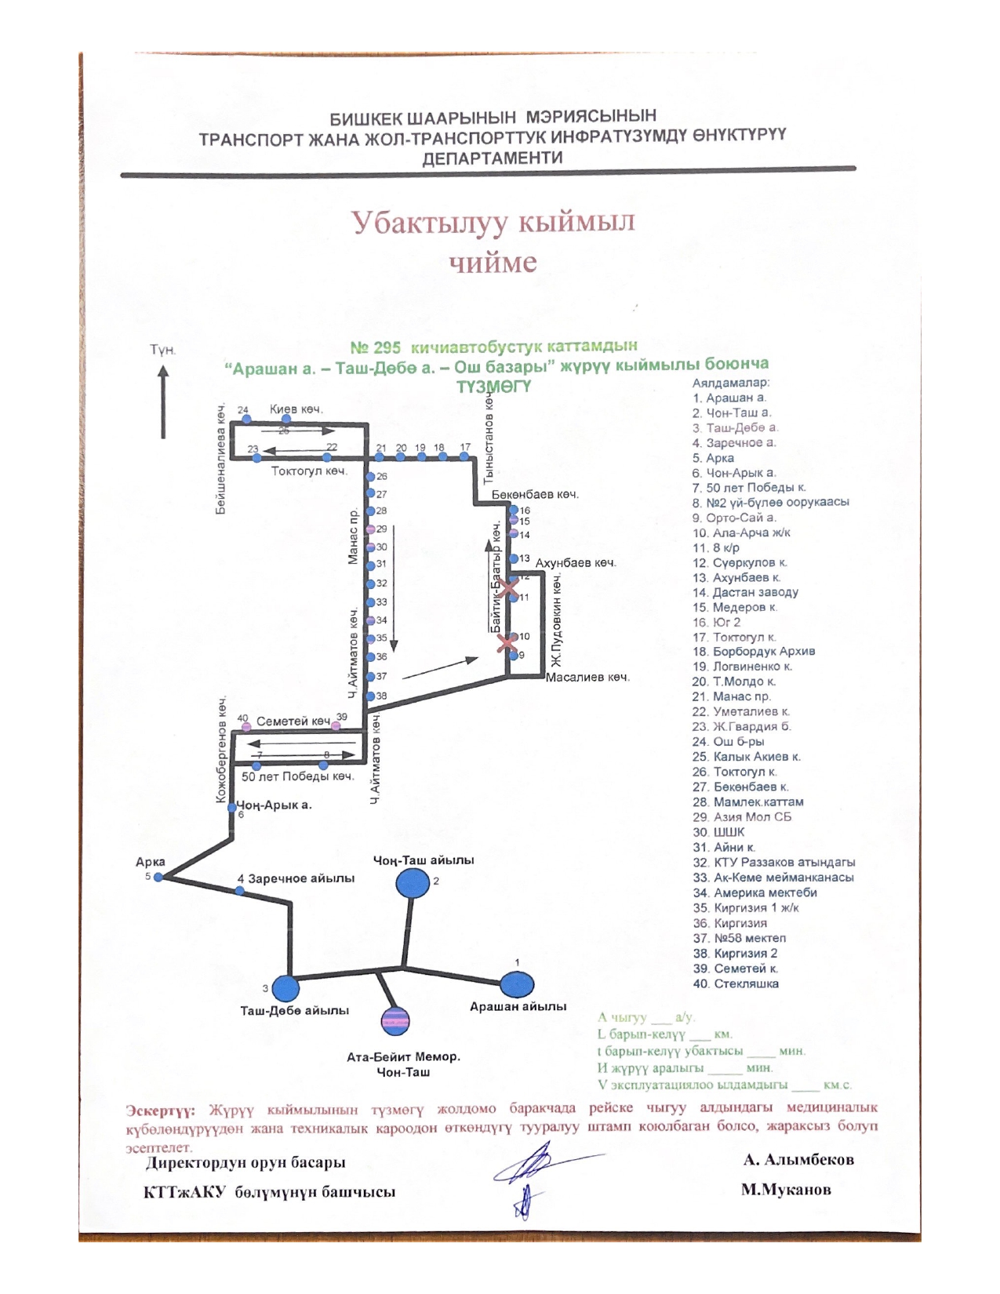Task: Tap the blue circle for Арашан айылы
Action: pyautogui.click(x=517, y=984)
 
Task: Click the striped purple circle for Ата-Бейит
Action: pyautogui.click(x=395, y=1020)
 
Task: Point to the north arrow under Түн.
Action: pyautogui.click(x=163, y=403)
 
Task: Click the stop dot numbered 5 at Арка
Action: pyautogui.click(x=158, y=878)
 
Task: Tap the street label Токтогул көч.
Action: pyautogui.click(x=309, y=471)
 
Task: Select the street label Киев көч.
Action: pyautogui.click(x=296, y=409)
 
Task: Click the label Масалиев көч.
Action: pyautogui.click(x=587, y=677)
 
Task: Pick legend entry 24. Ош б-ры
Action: pyautogui.click(x=728, y=742)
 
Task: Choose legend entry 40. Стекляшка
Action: pyautogui.click(x=735, y=983)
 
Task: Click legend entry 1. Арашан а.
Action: pyautogui.click(x=729, y=398)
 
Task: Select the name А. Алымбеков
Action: pyautogui.click(x=798, y=1160)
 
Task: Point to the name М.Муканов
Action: pyautogui.click(x=786, y=1190)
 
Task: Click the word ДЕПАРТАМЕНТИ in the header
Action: pyautogui.click(x=493, y=158)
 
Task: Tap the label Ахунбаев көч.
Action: pyautogui.click(x=576, y=563)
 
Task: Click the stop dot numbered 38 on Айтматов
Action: pyautogui.click(x=370, y=696)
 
